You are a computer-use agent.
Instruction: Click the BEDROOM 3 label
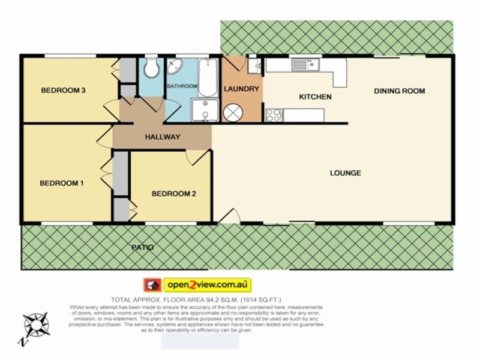pos(64,91)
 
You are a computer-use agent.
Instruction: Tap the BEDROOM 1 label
pos(62,183)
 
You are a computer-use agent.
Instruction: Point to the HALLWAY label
pos(163,137)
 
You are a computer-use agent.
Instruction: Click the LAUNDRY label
pos(241,89)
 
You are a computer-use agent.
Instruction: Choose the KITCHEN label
pos(315,97)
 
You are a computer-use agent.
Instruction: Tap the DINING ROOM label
pos(399,91)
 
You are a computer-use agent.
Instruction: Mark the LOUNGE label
pos(346,173)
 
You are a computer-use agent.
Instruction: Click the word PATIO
pos(143,247)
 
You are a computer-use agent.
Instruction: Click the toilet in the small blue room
pos(151,68)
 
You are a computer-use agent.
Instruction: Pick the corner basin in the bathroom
pos(176,67)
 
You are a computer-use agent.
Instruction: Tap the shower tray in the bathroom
pos(204,110)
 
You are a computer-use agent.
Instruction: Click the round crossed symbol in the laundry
pos(232,112)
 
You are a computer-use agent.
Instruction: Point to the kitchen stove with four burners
pos(273,115)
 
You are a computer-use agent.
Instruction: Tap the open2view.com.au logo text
pos(206,284)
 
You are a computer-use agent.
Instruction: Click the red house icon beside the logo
pos(152,284)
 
